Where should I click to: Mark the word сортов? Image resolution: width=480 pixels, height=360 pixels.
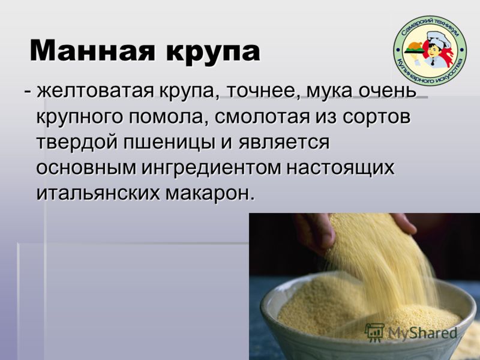coord(376,118)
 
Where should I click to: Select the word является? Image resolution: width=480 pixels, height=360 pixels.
coord(284,143)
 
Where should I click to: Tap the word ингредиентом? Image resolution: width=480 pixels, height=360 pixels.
coord(211,169)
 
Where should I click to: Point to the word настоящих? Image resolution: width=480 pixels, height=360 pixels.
coord(340,169)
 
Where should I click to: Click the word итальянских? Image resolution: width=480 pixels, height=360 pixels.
coord(98,193)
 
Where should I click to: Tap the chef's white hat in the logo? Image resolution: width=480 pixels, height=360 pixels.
coord(439,37)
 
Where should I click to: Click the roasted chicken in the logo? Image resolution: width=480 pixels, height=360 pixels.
coord(414,46)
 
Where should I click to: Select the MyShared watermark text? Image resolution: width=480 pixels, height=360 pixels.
coord(422,332)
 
